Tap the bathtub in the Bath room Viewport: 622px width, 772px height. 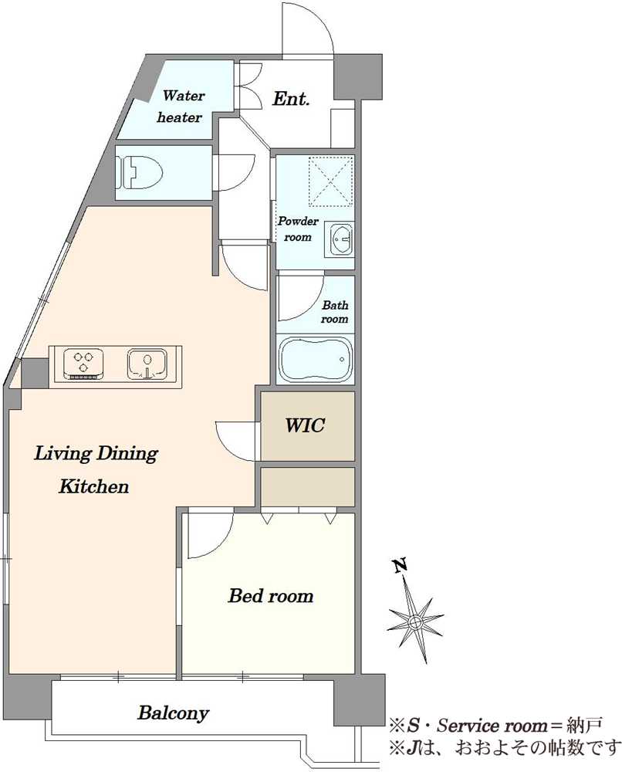point(316,360)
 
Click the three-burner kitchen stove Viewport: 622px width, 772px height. point(83,364)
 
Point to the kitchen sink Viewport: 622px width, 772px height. point(147,364)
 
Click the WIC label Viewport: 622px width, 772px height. point(305,425)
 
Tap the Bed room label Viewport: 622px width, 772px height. point(271,596)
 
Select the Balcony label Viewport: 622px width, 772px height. point(173,713)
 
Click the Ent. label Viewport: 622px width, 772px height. point(291,99)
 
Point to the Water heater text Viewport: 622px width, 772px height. point(180,107)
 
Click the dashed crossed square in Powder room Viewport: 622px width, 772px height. point(330,181)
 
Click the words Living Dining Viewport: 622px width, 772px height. point(96,454)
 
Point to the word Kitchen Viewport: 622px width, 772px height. point(94,486)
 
